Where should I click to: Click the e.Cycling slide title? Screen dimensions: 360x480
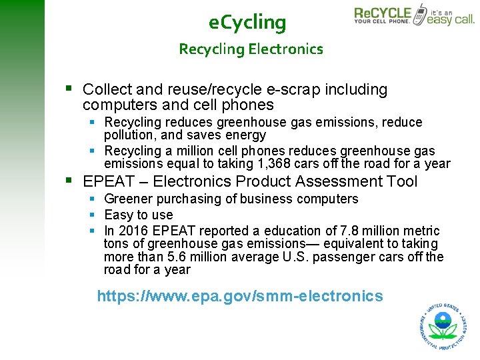[x=247, y=23]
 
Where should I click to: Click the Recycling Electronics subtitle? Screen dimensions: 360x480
[x=251, y=49]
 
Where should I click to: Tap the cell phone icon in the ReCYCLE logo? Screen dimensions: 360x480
[x=420, y=13]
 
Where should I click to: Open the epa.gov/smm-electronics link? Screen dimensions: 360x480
[x=240, y=296]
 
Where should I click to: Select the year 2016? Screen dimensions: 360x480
[x=133, y=231]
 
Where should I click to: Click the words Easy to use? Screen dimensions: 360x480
[x=139, y=215]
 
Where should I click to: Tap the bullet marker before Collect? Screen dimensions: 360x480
[x=69, y=89]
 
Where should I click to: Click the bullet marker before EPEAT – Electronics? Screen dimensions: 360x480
[x=69, y=181]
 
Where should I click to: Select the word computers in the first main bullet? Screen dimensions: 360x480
[x=114, y=105]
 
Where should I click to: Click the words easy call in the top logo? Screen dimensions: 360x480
[x=450, y=19]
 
